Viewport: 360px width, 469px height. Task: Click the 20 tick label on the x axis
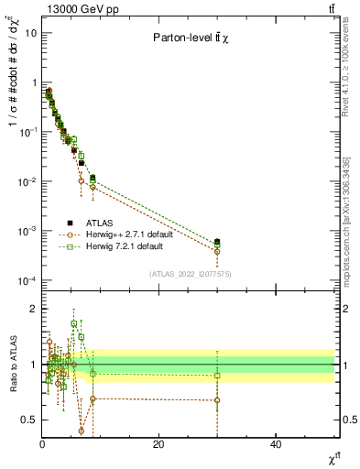pyautogui.click(x=158, y=443)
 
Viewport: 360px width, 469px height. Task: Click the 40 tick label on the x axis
pyautogui.click(x=276, y=443)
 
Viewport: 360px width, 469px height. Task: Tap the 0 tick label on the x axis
pyautogui.click(x=42, y=443)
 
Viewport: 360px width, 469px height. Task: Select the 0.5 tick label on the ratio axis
pyautogui.click(x=29, y=420)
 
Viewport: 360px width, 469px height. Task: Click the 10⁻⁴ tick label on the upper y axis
pyautogui.click(x=27, y=280)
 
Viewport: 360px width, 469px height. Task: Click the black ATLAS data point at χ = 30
pyautogui.click(x=217, y=242)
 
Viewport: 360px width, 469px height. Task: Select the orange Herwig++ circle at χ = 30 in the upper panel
pyautogui.click(x=217, y=251)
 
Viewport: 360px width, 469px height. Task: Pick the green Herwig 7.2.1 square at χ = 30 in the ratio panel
pyautogui.click(x=217, y=376)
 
